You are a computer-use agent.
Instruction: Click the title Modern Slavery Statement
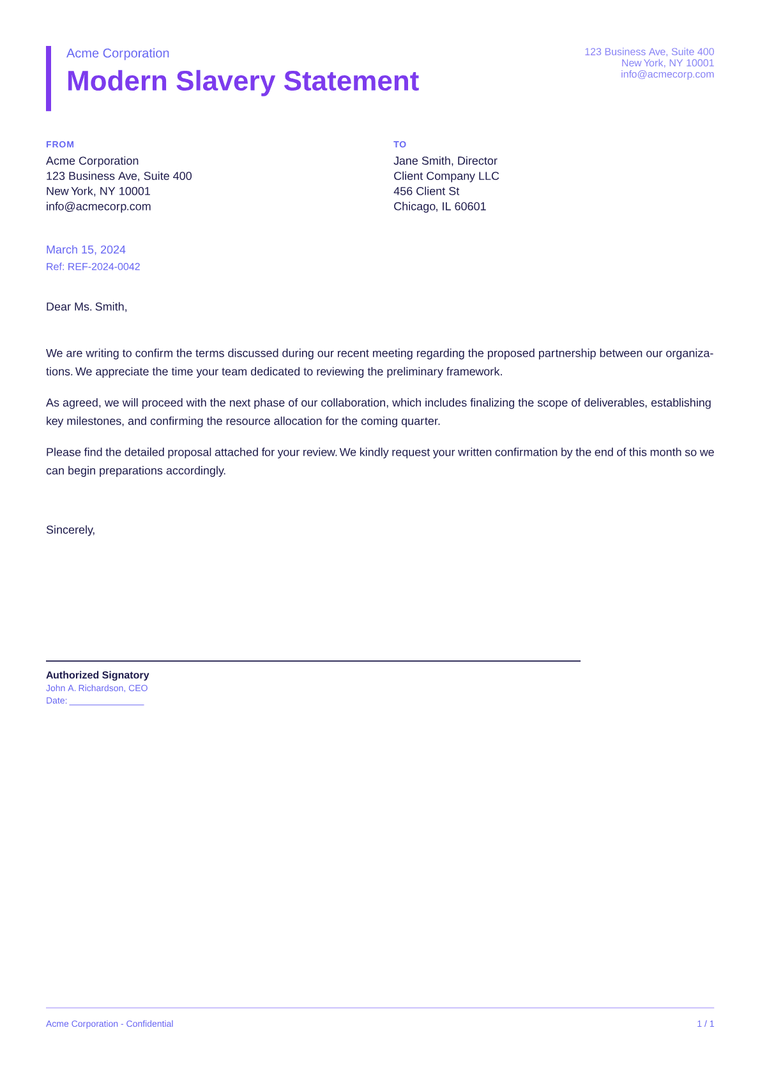coord(243,82)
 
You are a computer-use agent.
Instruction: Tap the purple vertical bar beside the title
coord(49,78)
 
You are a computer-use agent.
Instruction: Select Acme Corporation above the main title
coord(118,54)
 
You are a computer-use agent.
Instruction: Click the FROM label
coord(60,145)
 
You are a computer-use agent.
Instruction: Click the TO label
coord(400,145)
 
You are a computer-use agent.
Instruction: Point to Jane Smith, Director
coord(445,161)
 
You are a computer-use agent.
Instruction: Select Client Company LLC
coord(446,176)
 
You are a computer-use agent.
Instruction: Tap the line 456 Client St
coord(426,191)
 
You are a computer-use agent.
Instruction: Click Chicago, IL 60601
coord(439,207)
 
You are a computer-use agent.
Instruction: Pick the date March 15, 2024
coord(86,250)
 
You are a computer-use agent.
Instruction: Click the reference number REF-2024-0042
coord(103,267)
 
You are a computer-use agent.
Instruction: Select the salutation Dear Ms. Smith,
coord(86,307)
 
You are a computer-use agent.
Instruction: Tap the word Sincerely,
coord(70,530)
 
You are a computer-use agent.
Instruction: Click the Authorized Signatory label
coord(97,675)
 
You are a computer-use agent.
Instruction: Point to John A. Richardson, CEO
coord(96,689)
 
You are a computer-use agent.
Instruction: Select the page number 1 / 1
coord(705,1024)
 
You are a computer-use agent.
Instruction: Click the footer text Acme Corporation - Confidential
coord(109,1024)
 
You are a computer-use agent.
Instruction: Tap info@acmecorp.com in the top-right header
coord(667,75)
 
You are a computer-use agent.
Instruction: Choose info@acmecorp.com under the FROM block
coord(98,207)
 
